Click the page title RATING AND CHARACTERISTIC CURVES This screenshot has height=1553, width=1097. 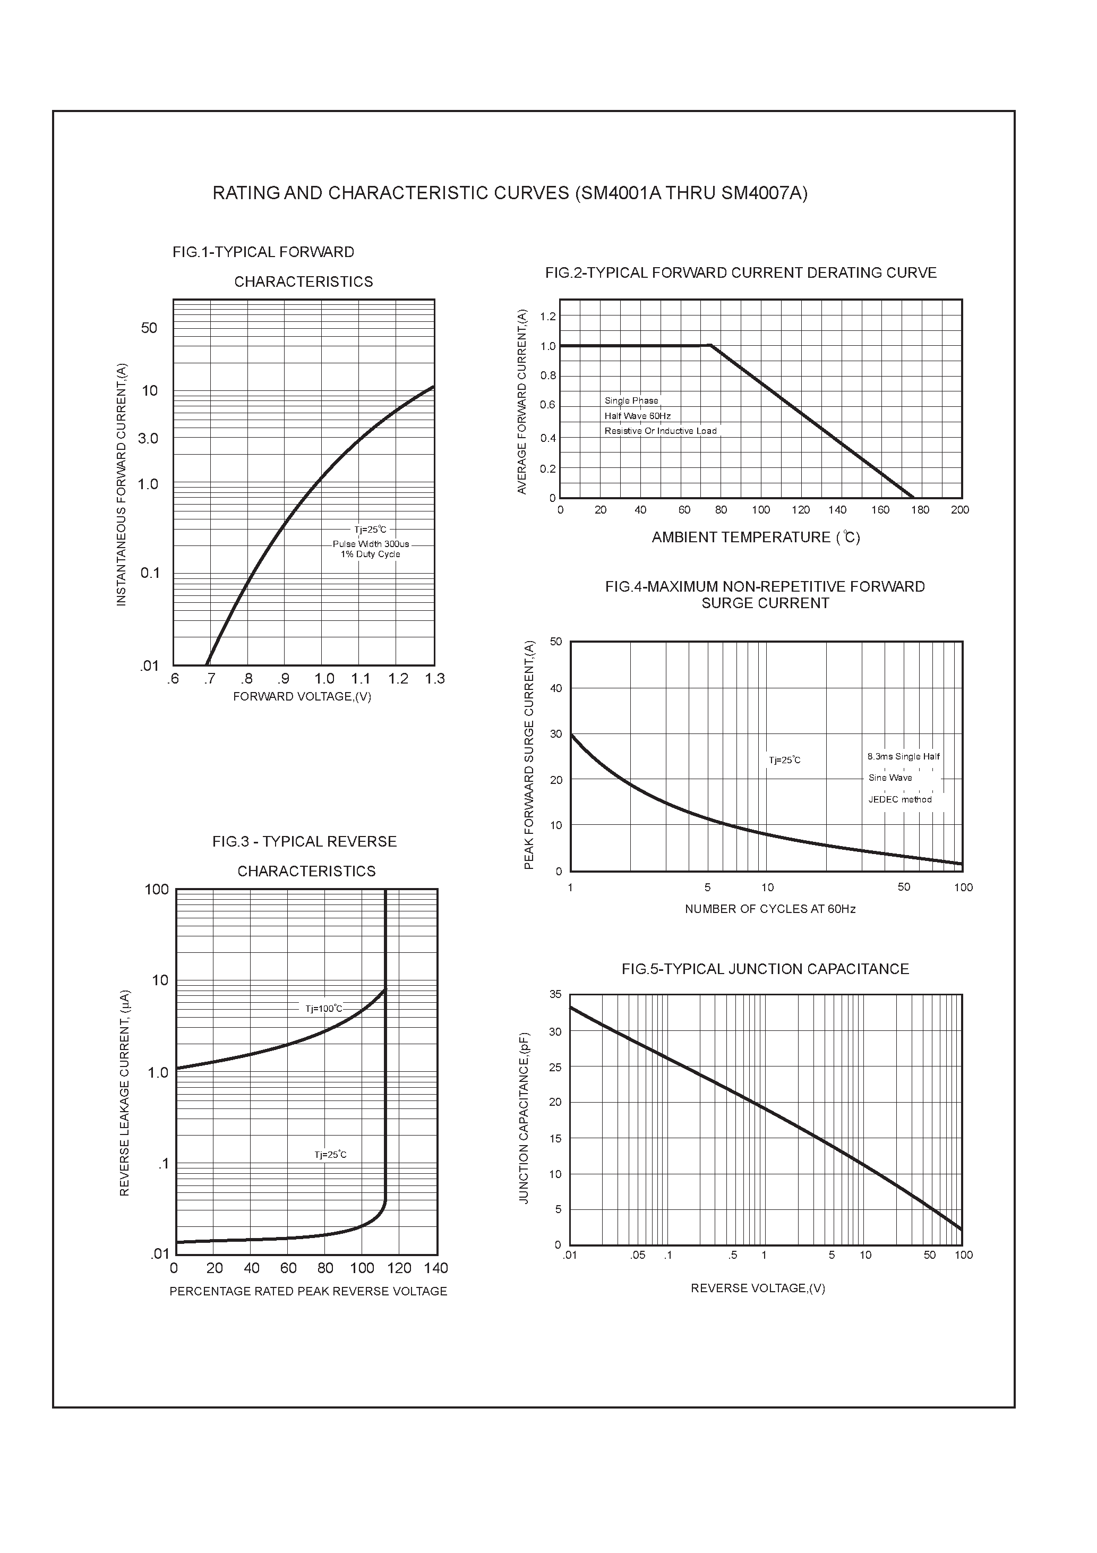pyautogui.click(x=510, y=193)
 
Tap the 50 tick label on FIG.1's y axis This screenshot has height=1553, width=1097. pyautogui.click(x=149, y=328)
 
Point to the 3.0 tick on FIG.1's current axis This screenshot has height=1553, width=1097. pyautogui.click(x=148, y=438)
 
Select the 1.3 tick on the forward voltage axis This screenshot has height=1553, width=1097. pyautogui.click(x=435, y=678)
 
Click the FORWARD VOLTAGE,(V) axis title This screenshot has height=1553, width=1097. pyautogui.click(x=302, y=697)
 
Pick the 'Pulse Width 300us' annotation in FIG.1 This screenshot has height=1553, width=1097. pyautogui.click(x=371, y=544)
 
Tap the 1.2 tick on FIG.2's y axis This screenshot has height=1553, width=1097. pyautogui.click(x=548, y=317)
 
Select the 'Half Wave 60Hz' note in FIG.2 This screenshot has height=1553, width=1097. pyautogui.click(x=637, y=416)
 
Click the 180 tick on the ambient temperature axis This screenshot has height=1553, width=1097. pyautogui.click(x=920, y=510)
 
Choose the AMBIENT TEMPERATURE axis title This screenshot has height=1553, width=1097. pyautogui.click(x=756, y=537)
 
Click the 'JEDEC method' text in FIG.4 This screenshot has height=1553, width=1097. pyautogui.click(x=899, y=799)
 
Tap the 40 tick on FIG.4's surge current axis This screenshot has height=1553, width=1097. pyautogui.click(x=555, y=688)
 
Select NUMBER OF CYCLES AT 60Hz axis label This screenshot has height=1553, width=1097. pyautogui.click(x=770, y=909)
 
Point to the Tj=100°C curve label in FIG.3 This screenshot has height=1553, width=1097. pyautogui.click(x=323, y=1009)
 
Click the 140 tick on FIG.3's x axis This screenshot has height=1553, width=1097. pyautogui.click(x=436, y=1268)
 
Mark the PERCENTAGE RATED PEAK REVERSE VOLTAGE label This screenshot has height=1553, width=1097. pyautogui.click(x=308, y=1291)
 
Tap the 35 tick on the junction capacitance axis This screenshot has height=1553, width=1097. pyautogui.click(x=555, y=994)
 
